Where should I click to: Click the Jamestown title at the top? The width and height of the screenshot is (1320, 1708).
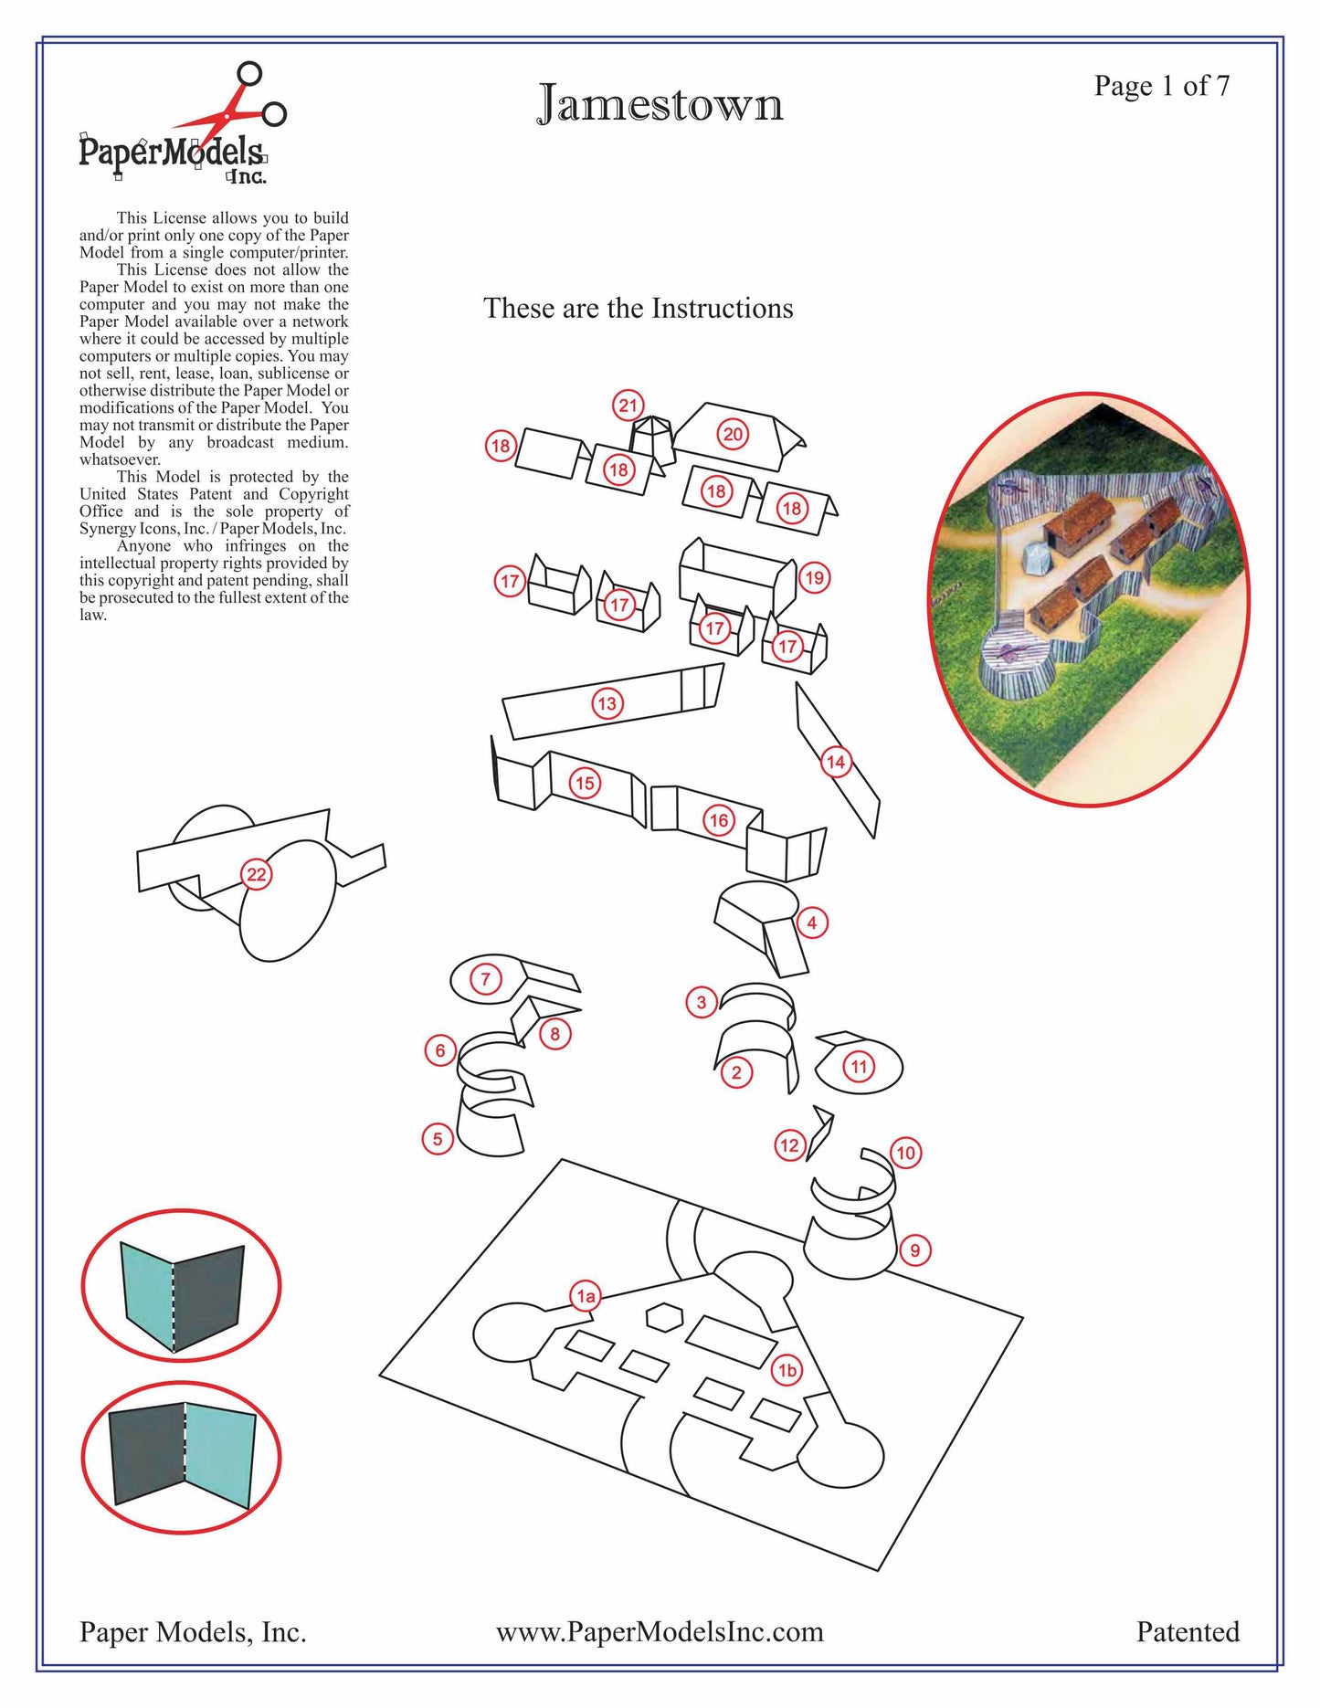pos(660,104)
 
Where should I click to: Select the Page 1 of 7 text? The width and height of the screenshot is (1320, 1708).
pos(1161,86)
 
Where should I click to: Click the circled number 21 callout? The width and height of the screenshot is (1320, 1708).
pos(628,406)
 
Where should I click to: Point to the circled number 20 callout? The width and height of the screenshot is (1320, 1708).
pos(733,435)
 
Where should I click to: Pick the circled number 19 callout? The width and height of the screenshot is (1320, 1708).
pos(813,577)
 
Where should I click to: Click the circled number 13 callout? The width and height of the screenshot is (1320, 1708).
pos(607,703)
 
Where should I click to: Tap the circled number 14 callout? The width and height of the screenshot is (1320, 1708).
pos(836,762)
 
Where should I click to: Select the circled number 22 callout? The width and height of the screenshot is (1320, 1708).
pos(257,874)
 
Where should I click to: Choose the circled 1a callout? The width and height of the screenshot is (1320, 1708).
pos(586,1295)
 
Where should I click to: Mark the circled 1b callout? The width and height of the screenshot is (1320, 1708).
pos(787,1370)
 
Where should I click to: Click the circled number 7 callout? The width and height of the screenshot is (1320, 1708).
pos(486,979)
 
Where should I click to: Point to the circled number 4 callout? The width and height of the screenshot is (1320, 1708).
pos(811,923)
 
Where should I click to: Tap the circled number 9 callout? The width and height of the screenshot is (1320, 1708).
pos(914,1250)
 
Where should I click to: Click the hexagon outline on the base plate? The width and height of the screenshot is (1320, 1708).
pos(664,1316)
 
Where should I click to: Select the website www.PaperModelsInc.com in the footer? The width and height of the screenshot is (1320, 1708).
pos(660,1632)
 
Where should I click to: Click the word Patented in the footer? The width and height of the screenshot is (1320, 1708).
pos(1187,1632)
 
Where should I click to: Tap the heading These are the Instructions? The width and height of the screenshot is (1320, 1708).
pos(638,309)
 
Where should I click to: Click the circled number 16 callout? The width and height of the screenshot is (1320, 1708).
pos(719,820)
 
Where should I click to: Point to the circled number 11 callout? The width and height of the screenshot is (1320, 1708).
pos(859,1066)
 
